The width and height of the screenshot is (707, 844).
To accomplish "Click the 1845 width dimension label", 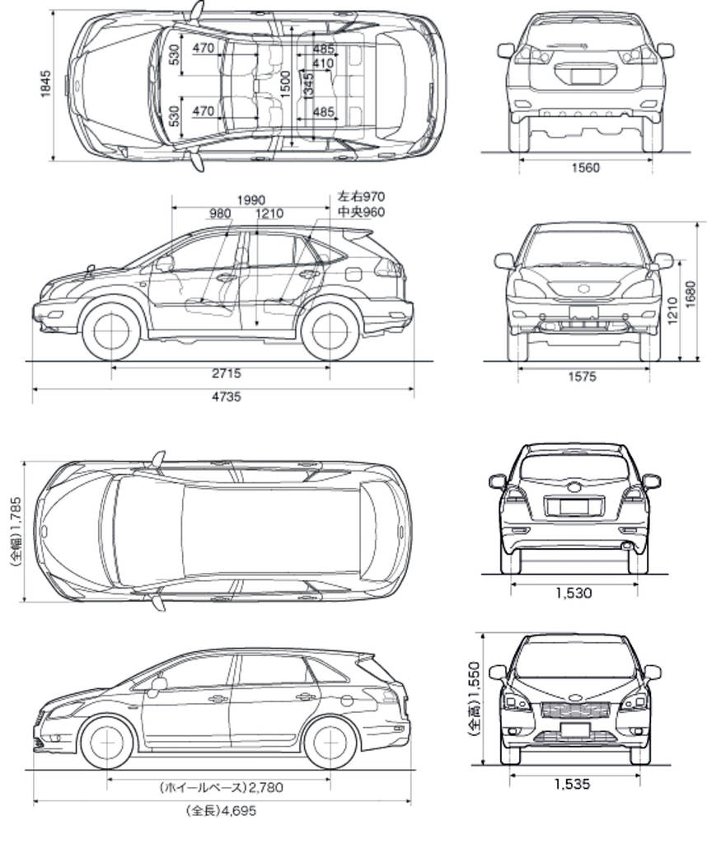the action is [46, 84].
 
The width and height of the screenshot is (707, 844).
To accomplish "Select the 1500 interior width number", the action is [285, 84].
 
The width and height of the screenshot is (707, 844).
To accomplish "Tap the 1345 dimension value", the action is [308, 85].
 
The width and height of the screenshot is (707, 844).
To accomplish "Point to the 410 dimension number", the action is [323, 63].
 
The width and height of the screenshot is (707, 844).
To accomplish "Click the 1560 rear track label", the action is [585, 168].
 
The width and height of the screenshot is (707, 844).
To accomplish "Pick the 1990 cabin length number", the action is [250, 201].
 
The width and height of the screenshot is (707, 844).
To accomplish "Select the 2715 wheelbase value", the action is [227, 373].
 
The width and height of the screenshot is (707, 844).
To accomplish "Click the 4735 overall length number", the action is [227, 396].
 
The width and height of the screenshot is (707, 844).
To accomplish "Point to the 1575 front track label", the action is [583, 376].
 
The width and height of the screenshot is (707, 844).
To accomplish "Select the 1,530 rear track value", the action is [574, 593].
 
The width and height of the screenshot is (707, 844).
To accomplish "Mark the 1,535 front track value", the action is [573, 784].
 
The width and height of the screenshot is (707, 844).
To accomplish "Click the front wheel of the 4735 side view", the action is [112, 331].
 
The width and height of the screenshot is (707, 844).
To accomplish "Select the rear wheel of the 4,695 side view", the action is [331, 743].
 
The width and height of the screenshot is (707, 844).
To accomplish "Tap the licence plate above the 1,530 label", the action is [574, 507].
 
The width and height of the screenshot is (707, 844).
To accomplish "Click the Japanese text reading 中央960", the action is [361, 212].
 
